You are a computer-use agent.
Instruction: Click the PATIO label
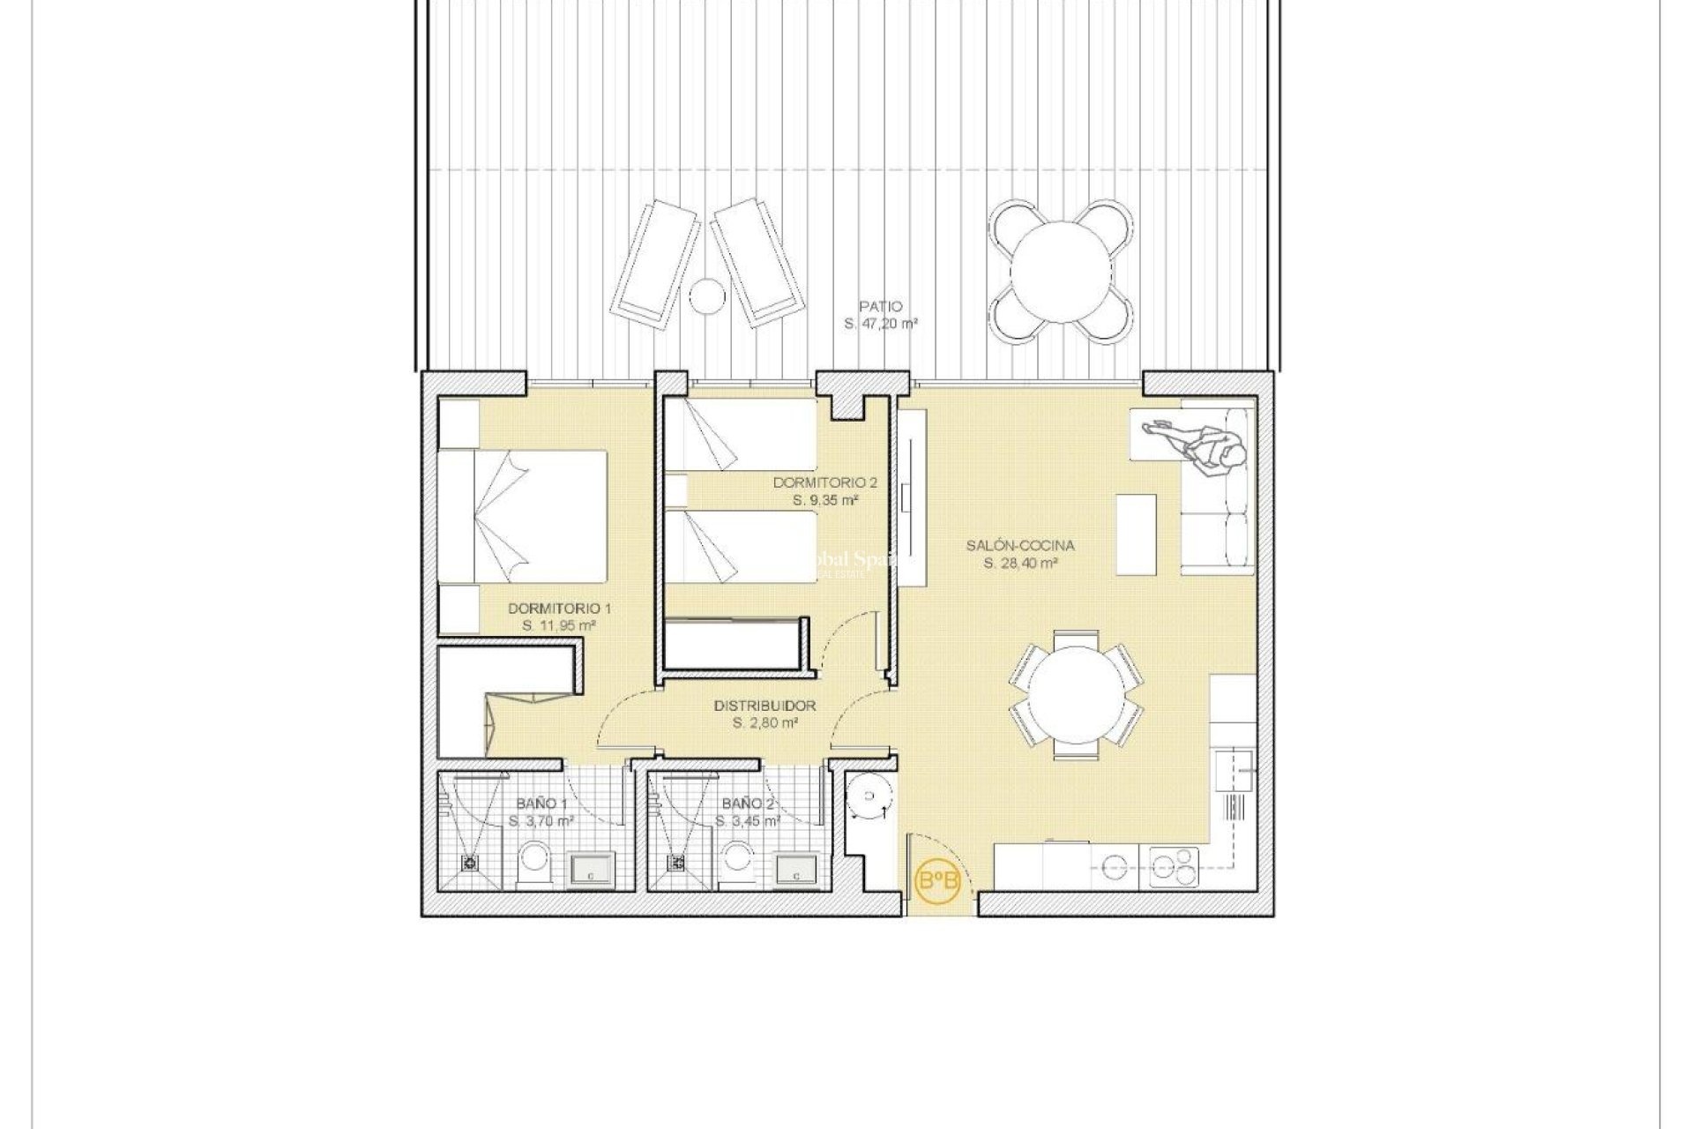(x=882, y=307)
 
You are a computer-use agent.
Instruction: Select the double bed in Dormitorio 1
(x=525, y=516)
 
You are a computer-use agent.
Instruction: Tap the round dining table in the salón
(x=1077, y=693)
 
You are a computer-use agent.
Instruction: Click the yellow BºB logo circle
(x=938, y=880)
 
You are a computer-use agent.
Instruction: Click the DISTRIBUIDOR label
(x=764, y=706)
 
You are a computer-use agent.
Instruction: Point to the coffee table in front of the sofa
(x=1137, y=535)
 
